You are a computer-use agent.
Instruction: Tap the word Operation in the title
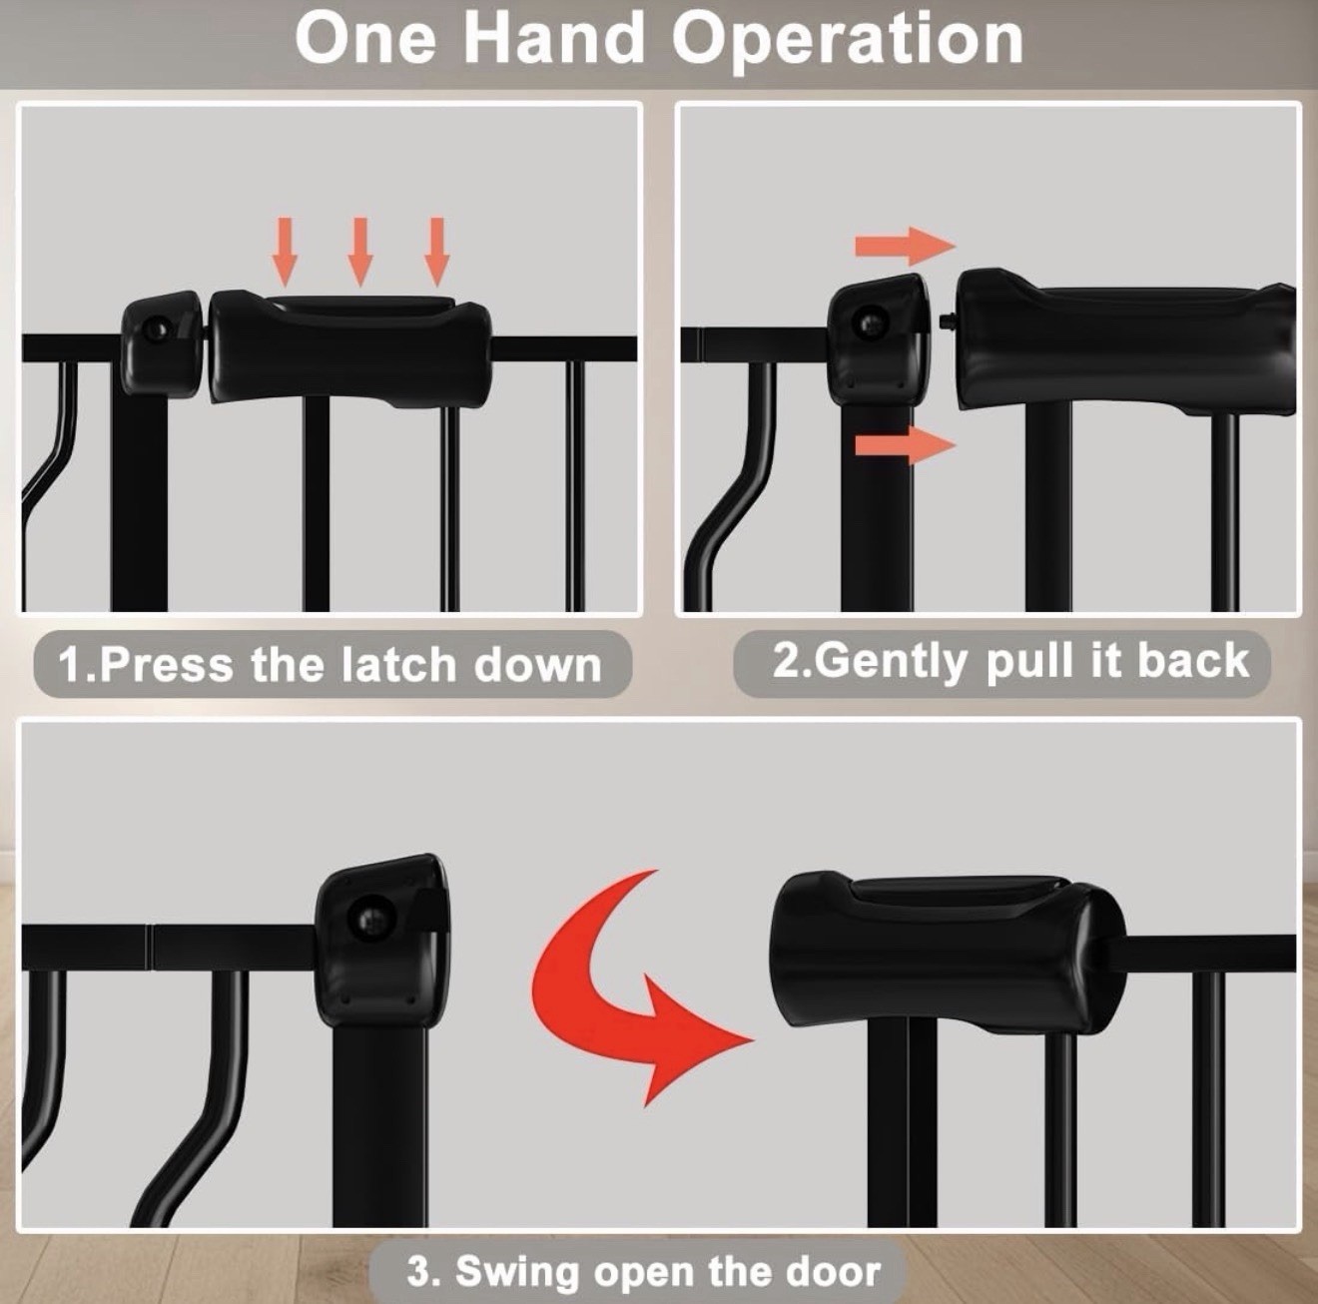(x=847, y=42)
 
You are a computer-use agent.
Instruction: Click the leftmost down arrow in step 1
(x=285, y=252)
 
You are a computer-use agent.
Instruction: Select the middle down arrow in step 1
(x=360, y=252)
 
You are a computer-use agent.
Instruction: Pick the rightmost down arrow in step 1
(x=437, y=252)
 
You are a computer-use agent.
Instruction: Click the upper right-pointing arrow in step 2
(x=905, y=247)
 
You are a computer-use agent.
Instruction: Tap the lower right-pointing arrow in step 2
(x=905, y=445)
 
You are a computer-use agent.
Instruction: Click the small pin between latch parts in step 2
(x=950, y=321)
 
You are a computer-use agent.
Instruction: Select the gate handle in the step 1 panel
(x=349, y=348)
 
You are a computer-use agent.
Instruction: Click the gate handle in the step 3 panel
(x=948, y=950)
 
